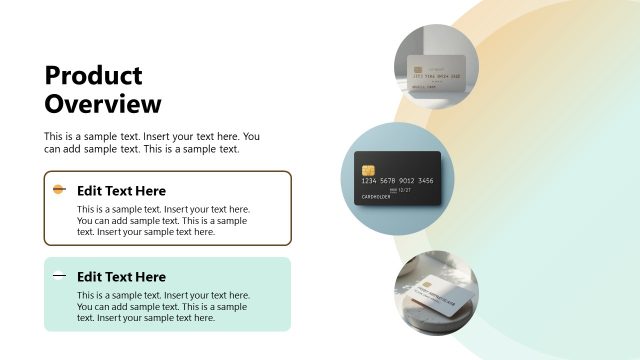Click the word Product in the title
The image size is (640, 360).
94,76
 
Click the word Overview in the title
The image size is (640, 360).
103,103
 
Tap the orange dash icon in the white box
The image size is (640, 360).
59,189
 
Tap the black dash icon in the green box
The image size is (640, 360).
59,275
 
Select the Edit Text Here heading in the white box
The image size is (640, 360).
121,190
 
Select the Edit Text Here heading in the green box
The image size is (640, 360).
121,276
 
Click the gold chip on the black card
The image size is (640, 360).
367,166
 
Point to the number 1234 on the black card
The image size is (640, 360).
370,180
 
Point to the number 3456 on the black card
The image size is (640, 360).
425,180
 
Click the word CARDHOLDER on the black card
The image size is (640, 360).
373,198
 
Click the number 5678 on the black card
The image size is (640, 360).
388,180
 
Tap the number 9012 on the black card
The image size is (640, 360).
406,180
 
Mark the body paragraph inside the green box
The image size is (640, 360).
163,307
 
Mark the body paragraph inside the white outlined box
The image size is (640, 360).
162,220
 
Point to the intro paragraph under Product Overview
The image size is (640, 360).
151,142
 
